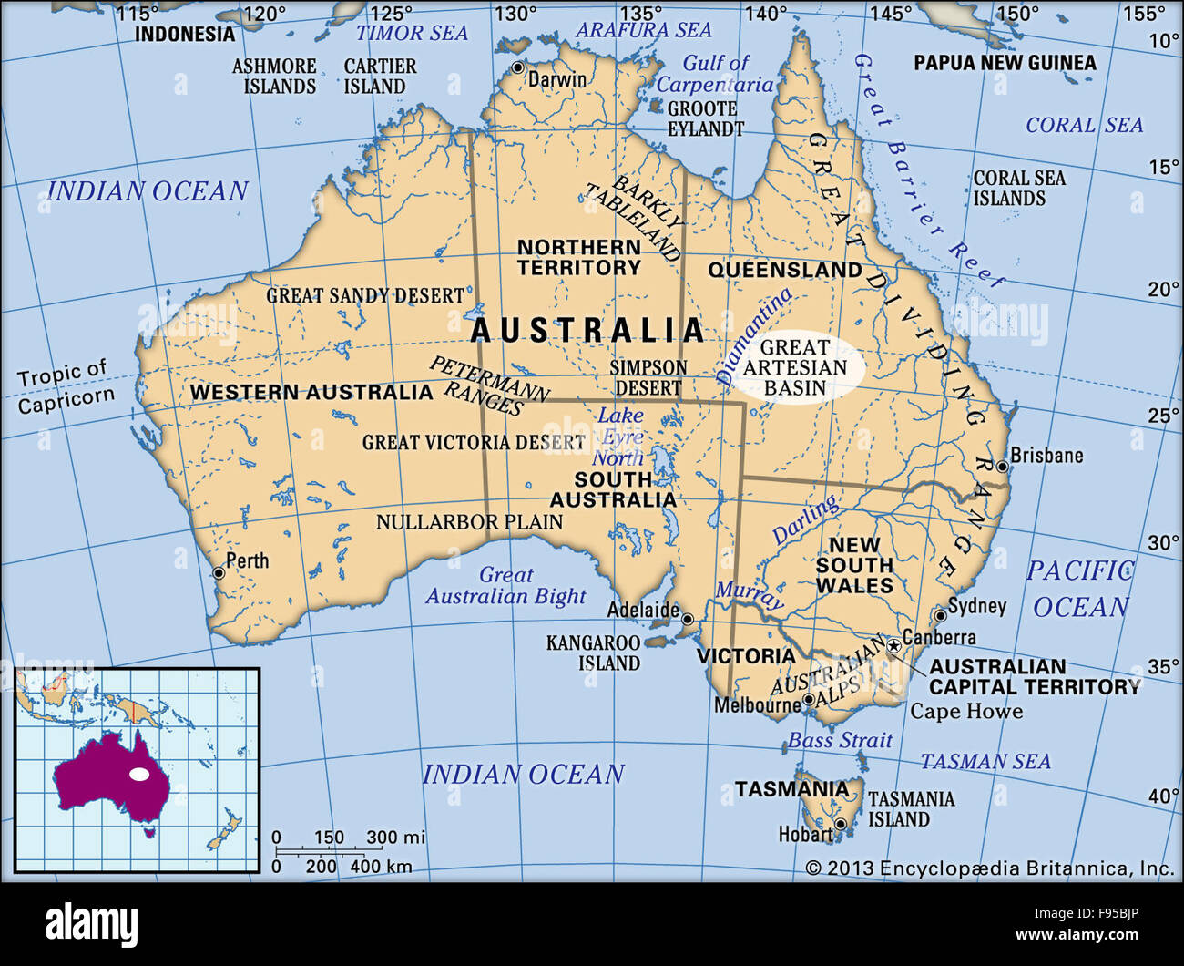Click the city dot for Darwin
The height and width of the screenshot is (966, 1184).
coord(518,68)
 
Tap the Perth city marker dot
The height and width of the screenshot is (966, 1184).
coord(219,573)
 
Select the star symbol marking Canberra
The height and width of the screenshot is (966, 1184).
coord(893,645)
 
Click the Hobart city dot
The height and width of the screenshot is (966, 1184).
coord(841,824)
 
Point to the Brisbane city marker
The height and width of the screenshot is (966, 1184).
coord(1002,467)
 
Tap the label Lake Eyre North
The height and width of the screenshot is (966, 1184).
coord(619,437)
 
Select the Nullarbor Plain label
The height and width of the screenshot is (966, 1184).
coord(469,522)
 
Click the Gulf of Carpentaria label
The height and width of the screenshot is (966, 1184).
coord(715,74)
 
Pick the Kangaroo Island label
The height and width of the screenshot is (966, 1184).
coord(594,653)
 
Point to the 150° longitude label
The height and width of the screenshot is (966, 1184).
coord(1016,14)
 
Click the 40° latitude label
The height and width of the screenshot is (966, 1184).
coord(1163,796)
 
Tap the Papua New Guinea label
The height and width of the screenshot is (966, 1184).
coord(1005,63)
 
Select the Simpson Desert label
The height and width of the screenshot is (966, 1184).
coord(648,377)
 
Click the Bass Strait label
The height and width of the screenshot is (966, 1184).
coord(839,740)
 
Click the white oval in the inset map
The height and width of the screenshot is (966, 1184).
coord(138,774)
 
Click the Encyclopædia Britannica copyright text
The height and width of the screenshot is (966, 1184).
coord(989,868)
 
